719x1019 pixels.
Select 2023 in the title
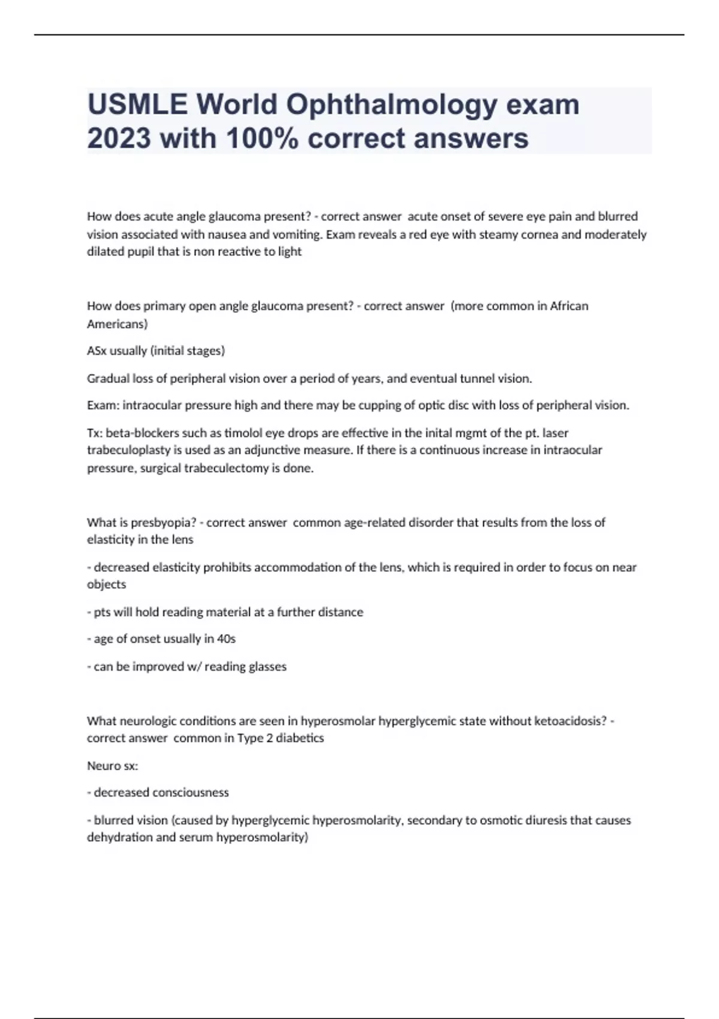119,138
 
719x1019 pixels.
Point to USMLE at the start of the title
137,105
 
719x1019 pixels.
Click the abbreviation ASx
96,351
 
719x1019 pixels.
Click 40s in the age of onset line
226,639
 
